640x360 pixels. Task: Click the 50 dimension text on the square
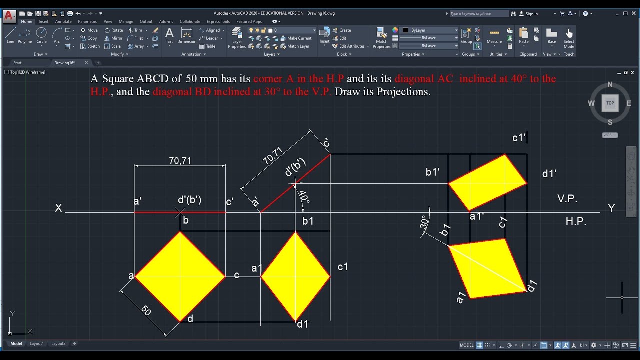click(146, 310)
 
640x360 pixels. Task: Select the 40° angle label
click(304, 197)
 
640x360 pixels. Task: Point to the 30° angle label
click(424, 222)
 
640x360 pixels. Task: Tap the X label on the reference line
click(59, 208)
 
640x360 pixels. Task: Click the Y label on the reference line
click(611, 208)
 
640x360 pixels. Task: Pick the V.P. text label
click(567, 199)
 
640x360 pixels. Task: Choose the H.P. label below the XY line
click(576, 221)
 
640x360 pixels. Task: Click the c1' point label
click(519, 138)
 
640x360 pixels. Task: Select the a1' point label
click(477, 216)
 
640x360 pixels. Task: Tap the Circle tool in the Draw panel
click(41, 35)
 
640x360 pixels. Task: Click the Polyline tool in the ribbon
click(25, 35)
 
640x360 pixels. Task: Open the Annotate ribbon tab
click(63, 22)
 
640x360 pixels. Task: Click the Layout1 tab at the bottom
click(37, 344)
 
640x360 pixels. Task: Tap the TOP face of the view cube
click(610, 103)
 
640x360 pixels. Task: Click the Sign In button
click(531, 14)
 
